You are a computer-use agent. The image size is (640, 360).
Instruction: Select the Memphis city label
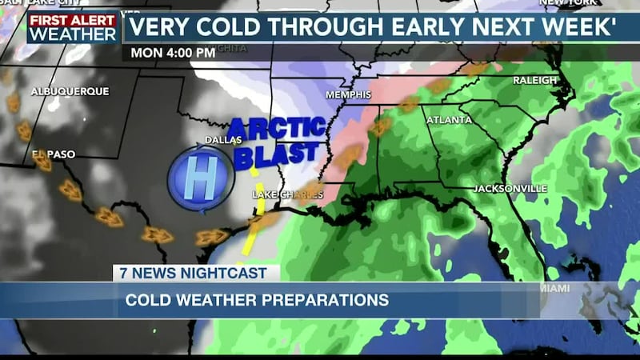(348, 95)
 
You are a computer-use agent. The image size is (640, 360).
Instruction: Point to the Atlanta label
(444, 120)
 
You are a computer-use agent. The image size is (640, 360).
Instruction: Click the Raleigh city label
(535, 80)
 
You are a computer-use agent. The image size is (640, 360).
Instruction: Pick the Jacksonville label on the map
(510, 188)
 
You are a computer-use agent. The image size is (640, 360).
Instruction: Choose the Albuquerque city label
(70, 91)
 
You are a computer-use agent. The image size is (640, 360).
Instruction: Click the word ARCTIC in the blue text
(277, 129)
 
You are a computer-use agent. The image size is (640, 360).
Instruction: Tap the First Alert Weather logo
(73, 26)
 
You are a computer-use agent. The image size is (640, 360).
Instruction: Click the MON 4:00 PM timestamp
(169, 54)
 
